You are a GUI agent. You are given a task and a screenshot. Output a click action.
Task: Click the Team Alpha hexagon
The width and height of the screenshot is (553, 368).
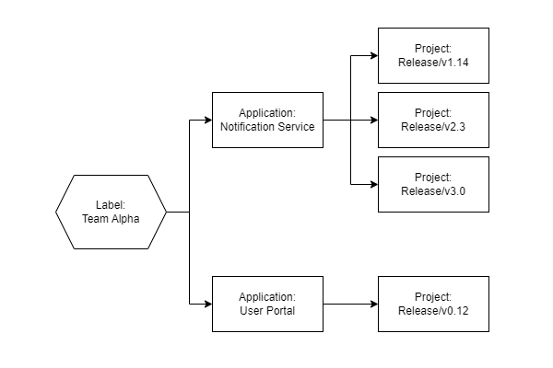[x=111, y=212]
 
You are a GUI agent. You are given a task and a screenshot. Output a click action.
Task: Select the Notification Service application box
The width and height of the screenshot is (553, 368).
[x=267, y=120]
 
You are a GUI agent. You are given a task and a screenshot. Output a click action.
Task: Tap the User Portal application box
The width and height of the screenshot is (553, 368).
[x=267, y=304]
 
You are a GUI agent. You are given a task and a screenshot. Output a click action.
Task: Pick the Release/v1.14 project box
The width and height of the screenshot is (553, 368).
[x=433, y=55]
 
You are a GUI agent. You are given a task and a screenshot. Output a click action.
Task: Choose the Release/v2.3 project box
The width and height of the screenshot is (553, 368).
[x=433, y=120]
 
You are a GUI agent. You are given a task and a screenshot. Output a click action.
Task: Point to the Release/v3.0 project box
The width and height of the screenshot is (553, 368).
[x=433, y=184]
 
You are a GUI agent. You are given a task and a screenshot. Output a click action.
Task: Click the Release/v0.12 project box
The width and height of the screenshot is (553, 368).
[x=433, y=304]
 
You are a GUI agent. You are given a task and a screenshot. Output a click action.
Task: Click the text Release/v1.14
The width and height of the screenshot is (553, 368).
[x=433, y=63]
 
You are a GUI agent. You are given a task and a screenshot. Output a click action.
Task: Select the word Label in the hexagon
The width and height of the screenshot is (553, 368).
[x=111, y=205]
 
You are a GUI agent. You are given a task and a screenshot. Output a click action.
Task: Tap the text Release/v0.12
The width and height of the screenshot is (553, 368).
[x=433, y=311]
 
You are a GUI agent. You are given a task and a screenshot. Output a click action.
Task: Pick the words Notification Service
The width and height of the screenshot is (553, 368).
[x=267, y=127]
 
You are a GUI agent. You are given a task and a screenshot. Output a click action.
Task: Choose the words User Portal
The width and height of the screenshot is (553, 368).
[x=267, y=311]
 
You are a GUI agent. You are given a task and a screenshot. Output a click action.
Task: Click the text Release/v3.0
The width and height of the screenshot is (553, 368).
[x=433, y=191]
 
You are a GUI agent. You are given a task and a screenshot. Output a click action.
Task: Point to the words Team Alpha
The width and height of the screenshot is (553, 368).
[x=111, y=219]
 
